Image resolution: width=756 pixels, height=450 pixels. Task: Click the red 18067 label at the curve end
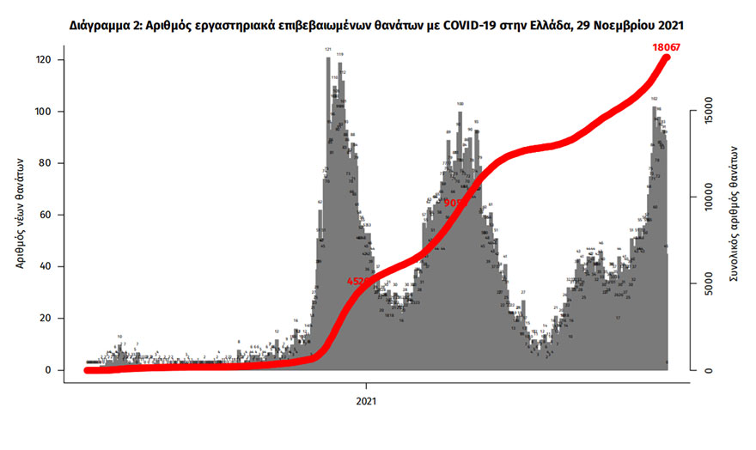667,48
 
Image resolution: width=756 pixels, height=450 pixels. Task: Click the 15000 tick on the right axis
705,111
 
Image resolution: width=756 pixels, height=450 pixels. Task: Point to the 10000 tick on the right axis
705,198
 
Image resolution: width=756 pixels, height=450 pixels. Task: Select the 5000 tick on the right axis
705,285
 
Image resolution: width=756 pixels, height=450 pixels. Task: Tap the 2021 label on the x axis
367,400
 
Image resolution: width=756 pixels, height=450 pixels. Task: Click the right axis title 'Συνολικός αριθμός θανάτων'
735,215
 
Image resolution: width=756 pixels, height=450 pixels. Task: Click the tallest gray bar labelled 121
328,215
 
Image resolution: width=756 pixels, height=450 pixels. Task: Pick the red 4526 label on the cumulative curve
359,281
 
